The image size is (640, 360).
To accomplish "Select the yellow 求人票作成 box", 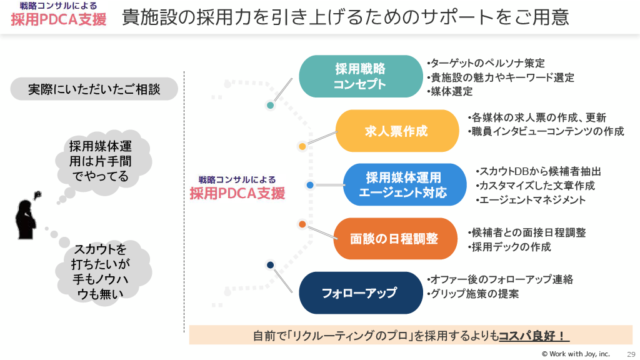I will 397,131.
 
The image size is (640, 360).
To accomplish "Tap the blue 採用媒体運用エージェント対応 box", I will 404,185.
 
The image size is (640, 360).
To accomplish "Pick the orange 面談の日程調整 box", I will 394,239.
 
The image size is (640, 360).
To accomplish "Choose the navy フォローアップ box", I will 359,292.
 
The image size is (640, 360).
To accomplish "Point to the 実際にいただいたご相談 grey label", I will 94,89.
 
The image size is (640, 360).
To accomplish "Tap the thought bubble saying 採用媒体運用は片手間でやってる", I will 100,162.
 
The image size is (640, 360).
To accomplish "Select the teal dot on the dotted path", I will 270,105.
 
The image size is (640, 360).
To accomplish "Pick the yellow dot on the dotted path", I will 302,147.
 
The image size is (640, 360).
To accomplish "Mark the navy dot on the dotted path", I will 270,265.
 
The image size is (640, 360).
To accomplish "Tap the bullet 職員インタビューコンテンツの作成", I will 546,131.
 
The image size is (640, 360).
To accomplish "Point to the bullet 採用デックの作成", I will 510,247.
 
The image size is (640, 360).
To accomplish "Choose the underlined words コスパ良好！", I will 533,336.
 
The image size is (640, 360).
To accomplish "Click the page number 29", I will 631,354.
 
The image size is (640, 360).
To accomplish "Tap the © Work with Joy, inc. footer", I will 576,354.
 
